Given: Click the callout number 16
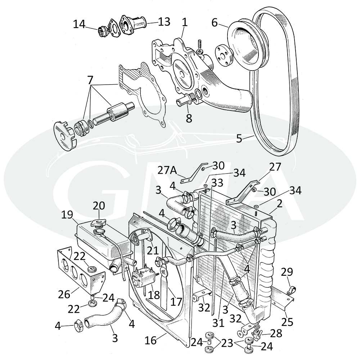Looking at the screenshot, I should pos(151,340).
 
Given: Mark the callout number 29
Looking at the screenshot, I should pos(287,273).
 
